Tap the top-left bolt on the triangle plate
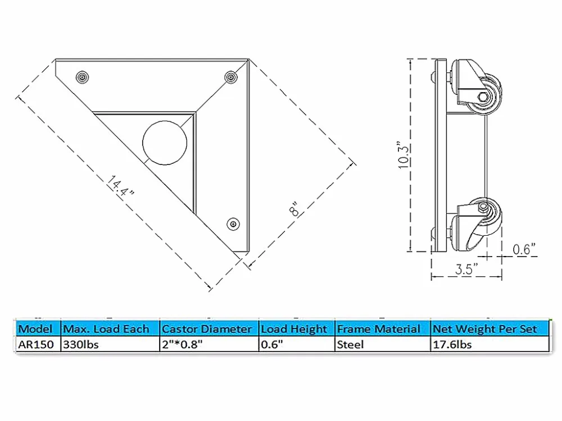(x=83, y=76)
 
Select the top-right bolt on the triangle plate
(x=229, y=76)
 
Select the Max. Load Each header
(x=106, y=329)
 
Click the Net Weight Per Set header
(x=484, y=329)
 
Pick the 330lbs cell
(x=81, y=345)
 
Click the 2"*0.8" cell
(x=181, y=345)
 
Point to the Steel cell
(x=350, y=345)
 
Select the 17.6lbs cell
(x=452, y=345)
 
